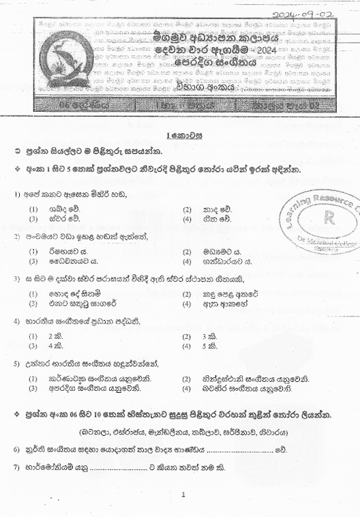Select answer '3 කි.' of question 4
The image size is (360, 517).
coord(209,336)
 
